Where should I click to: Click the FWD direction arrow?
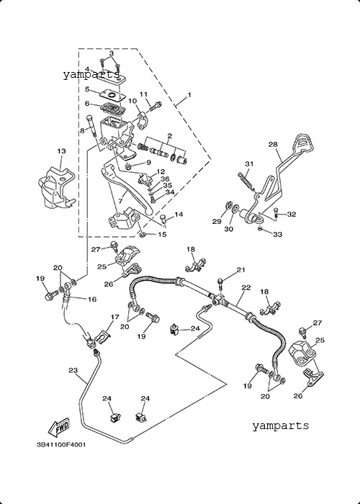[x=59, y=428]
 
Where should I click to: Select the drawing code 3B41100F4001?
[x=61, y=445]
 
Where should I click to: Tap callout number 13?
[x=62, y=150]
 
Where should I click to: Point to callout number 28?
[x=273, y=144]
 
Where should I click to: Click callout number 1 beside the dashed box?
[x=189, y=95]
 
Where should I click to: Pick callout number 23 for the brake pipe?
[x=73, y=370]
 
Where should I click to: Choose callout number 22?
[x=246, y=288]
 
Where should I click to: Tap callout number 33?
[x=277, y=234]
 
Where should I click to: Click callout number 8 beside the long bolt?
[x=82, y=130]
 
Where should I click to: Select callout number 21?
[x=241, y=270]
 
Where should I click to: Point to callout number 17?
[x=114, y=317]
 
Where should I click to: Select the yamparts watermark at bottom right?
[x=280, y=426]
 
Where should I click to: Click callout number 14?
[x=179, y=214]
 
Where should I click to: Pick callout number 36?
[x=165, y=179]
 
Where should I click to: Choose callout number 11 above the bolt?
[x=143, y=94]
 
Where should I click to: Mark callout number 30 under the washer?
[x=228, y=229]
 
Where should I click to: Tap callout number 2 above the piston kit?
[x=169, y=135]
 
